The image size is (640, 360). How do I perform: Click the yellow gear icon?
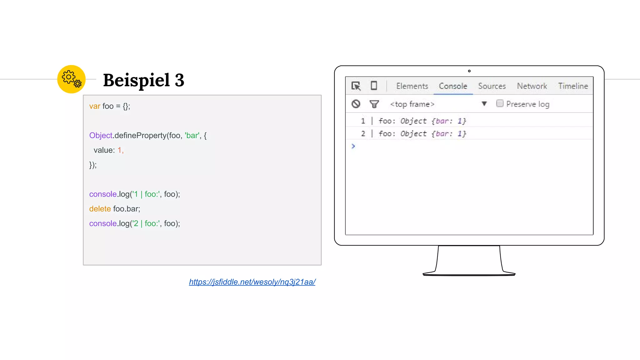[x=71, y=79]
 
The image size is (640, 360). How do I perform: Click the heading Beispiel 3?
[x=143, y=80]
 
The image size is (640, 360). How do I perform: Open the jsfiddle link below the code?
[x=252, y=282]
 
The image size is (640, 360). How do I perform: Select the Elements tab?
[x=412, y=86]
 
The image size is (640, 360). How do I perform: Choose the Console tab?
[x=453, y=86]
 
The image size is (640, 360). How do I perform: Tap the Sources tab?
[x=492, y=86]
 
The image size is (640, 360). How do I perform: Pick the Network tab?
[x=532, y=86]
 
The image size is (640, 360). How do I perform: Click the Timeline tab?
[x=573, y=86]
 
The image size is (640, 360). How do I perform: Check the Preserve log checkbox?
[x=500, y=103]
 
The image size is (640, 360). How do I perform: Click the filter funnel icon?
[x=374, y=104]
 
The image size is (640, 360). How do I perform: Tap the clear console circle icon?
[x=356, y=104]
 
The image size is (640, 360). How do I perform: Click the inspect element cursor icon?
[x=356, y=86]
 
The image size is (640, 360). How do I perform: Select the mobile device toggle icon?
[x=374, y=86]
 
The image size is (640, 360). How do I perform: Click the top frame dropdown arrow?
[x=484, y=104]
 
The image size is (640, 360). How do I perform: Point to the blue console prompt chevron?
[x=353, y=146]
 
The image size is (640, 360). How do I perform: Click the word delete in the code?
[x=100, y=209]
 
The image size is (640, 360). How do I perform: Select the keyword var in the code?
[x=94, y=106]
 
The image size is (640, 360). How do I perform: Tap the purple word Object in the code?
[x=101, y=135]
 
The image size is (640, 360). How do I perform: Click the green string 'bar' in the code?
[x=192, y=135]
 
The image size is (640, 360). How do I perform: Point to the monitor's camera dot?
[x=469, y=71]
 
